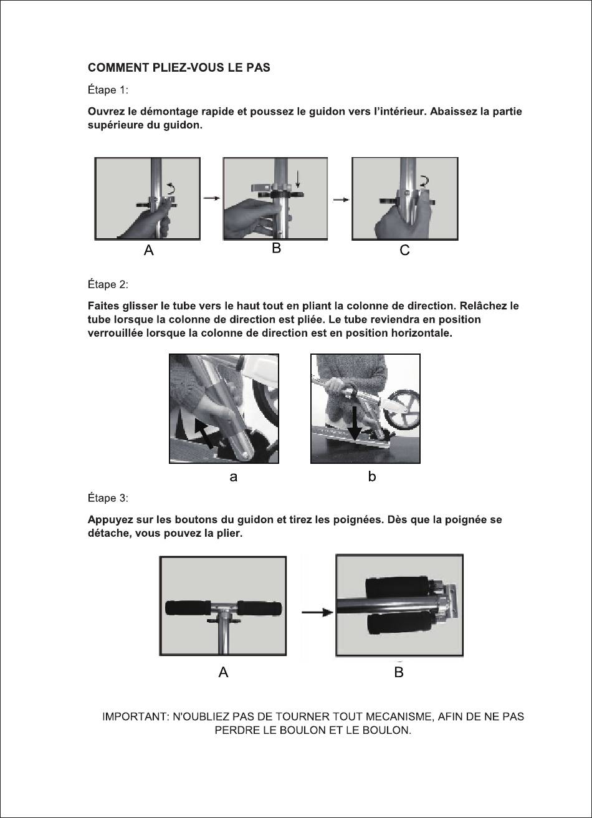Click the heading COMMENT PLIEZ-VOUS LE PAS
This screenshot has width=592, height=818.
click(x=179, y=67)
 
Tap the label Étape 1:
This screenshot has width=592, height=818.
click(x=108, y=90)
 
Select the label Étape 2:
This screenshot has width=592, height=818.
click(x=108, y=284)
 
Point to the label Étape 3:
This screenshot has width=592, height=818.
click(x=108, y=498)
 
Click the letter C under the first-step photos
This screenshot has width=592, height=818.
click(x=405, y=250)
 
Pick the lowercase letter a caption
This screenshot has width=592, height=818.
click(x=233, y=477)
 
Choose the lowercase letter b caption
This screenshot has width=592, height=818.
click(x=372, y=476)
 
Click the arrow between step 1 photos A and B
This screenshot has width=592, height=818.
click(x=212, y=198)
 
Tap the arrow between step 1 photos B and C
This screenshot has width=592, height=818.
click(x=341, y=200)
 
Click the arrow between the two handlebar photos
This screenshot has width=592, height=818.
click(x=317, y=612)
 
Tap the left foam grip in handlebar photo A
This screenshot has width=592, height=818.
click(x=188, y=608)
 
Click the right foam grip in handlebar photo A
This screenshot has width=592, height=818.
click(x=259, y=609)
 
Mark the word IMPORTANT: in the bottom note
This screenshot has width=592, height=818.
click(x=136, y=716)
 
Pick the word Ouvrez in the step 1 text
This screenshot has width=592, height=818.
click(x=105, y=112)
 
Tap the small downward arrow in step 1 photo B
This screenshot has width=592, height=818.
click(x=298, y=178)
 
